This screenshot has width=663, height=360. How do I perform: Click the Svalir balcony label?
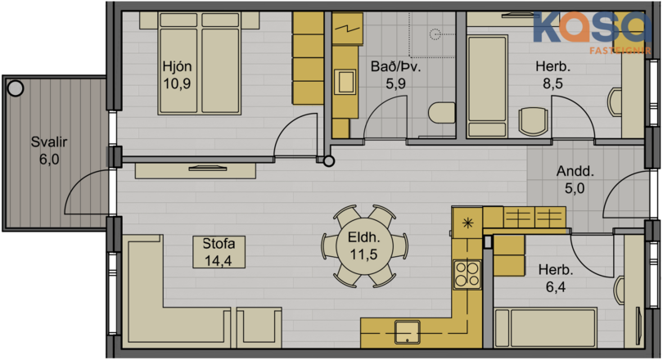[x=49, y=142]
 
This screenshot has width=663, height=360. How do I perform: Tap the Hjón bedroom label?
[x=177, y=66]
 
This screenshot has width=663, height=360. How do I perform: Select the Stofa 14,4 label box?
[x=219, y=252]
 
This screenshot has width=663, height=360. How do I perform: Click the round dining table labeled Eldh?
[x=363, y=246]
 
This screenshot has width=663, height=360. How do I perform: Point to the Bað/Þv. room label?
[x=396, y=66]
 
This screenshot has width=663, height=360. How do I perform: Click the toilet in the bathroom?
[x=441, y=113]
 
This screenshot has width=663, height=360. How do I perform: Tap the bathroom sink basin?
[x=345, y=82]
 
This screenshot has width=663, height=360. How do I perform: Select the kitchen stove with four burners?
[x=467, y=274]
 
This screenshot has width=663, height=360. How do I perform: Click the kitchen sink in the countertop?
[x=407, y=331]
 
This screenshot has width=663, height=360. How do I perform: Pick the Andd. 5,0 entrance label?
[x=575, y=179]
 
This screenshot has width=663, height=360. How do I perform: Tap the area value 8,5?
[x=553, y=83]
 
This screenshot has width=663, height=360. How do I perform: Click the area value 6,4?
[x=556, y=287]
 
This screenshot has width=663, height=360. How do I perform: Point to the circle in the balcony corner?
[x=16, y=88]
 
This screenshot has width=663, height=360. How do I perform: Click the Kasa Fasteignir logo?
[x=592, y=33]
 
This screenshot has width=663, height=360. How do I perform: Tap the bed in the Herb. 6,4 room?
[x=545, y=328]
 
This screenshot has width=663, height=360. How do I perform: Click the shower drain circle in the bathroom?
[x=435, y=34]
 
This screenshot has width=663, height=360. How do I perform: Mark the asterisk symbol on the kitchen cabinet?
[x=467, y=223]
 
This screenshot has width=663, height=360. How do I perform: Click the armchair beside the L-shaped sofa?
[x=259, y=327]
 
